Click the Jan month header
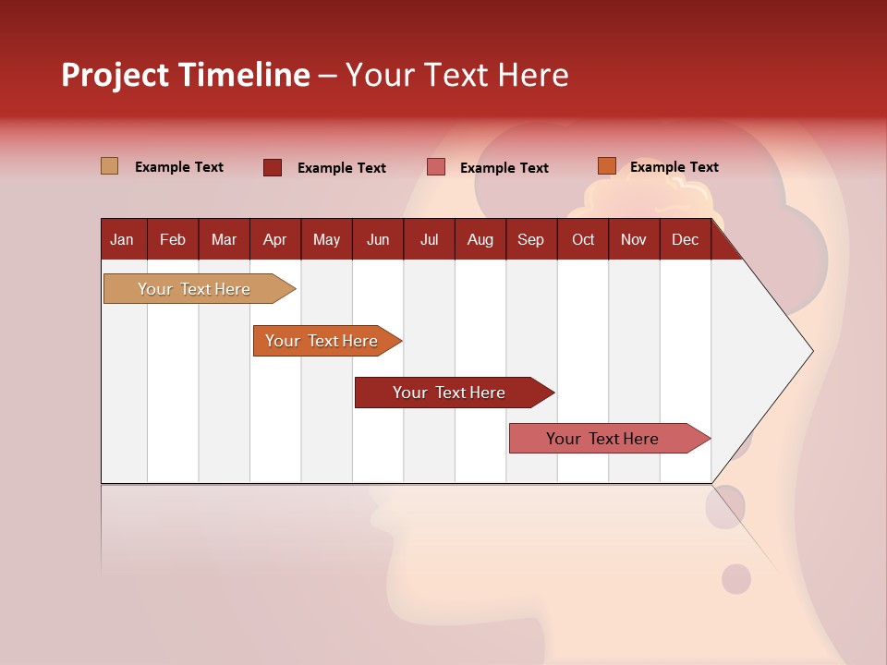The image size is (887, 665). (122, 239)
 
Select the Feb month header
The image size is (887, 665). (173, 239)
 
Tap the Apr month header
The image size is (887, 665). (274, 239)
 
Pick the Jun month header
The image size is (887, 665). (378, 239)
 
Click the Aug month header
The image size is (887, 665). (480, 239)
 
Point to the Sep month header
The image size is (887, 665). (530, 239)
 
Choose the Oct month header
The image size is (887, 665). (583, 239)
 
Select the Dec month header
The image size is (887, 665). (685, 239)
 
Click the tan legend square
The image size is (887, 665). (110, 166)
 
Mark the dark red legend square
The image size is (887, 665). (273, 167)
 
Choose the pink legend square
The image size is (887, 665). (436, 167)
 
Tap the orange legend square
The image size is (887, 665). (607, 166)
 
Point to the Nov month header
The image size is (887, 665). (634, 239)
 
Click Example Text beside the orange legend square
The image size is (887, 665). (674, 167)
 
